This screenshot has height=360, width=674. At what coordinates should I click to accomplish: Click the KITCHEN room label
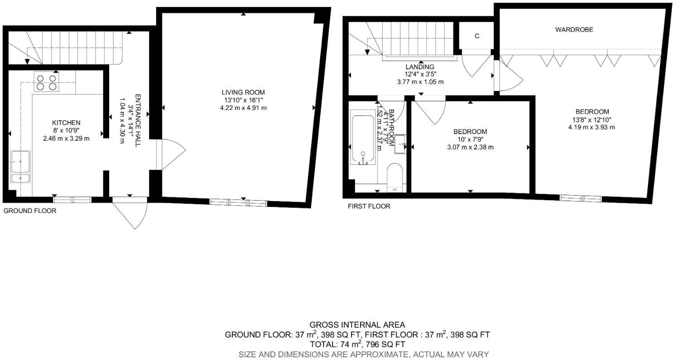pos(66,123)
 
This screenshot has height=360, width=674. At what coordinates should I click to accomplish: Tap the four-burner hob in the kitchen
pos(47,82)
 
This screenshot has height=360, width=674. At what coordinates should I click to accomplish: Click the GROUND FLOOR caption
pos(30,211)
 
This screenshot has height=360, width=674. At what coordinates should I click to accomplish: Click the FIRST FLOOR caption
pos(369,206)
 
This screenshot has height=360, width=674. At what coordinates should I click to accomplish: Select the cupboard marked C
pos(477,36)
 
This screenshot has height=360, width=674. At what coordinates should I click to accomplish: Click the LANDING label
pos(420,67)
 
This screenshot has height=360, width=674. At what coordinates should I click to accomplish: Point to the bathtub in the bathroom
pos(363,140)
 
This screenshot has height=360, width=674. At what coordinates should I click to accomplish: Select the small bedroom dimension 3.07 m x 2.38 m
pos(470,147)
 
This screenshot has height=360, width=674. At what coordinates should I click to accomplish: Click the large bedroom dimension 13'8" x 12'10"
pos(592,120)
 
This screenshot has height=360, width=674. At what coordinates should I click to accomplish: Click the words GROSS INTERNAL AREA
pos(357,325)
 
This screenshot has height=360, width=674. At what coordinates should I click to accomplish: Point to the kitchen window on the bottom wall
pos(72,199)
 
